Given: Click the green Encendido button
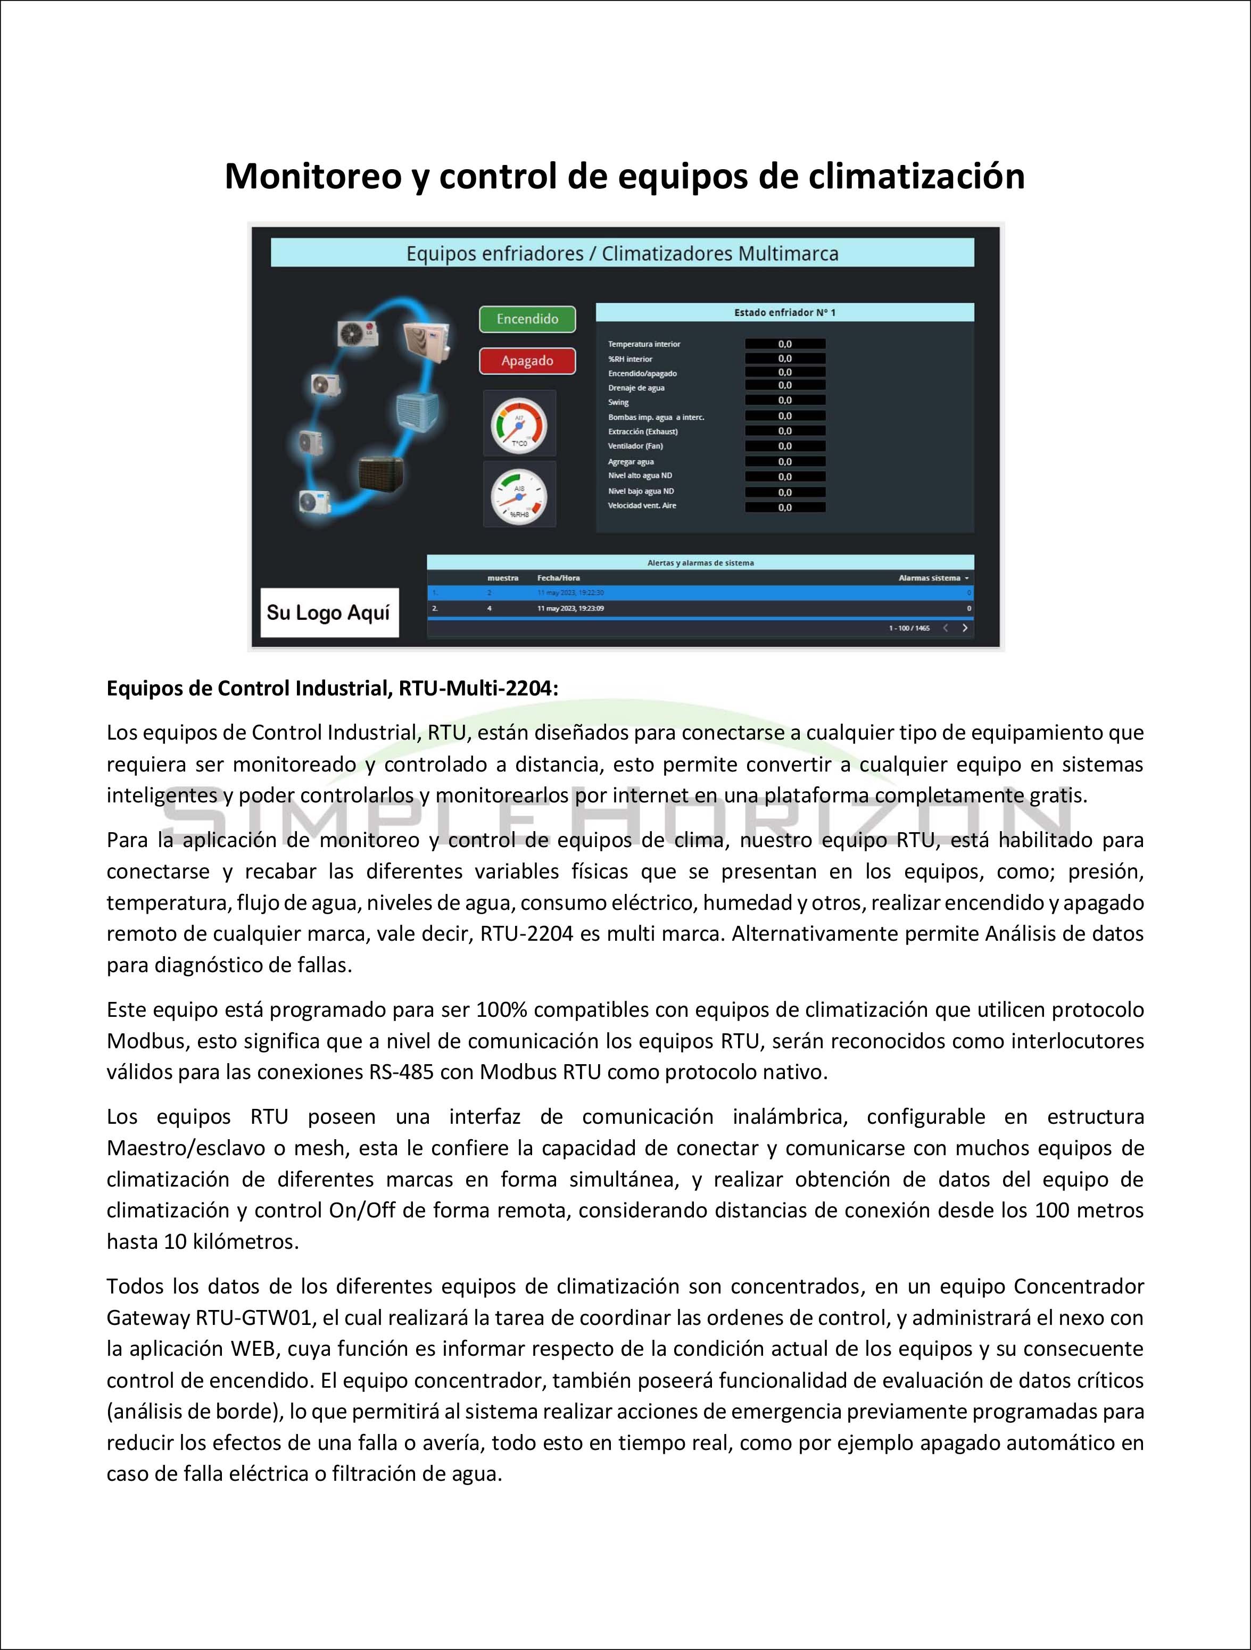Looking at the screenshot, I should (x=527, y=319).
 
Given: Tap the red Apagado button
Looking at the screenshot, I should (x=527, y=361).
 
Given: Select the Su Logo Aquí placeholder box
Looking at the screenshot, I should (x=328, y=612).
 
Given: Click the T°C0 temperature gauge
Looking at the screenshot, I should (x=519, y=424).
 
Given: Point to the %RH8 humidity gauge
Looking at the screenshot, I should (x=519, y=494).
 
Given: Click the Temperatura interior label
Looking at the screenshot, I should (x=644, y=344).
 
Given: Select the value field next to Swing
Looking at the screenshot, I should (x=785, y=401).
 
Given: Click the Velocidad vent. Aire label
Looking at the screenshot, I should (x=642, y=505).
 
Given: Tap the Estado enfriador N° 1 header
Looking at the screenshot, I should (x=785, y=312).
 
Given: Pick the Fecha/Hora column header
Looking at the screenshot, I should (x=558, y=578).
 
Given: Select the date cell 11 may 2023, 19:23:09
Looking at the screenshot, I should (x=570, y=609).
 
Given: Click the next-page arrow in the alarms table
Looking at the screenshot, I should (x=965, y=628).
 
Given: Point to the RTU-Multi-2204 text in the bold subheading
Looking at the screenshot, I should (x=477, y=688).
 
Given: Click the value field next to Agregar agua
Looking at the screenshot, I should (x=785, y=462).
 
